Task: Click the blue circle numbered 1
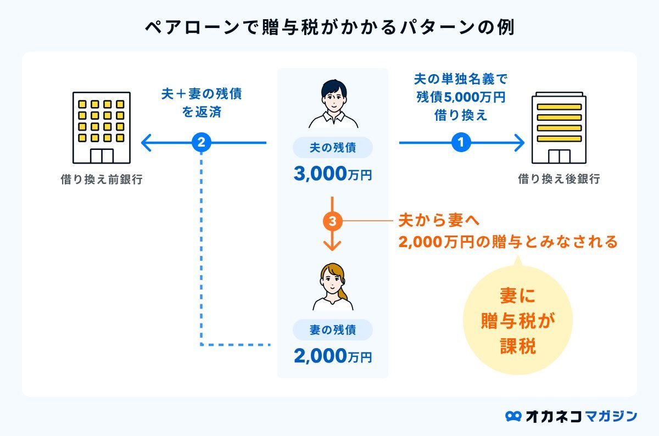[x=461, y=142]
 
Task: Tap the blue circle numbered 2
[x=201, y=142]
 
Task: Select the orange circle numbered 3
[x=332, y=221]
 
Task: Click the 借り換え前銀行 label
[x=102, y=179]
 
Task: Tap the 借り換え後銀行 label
[x=559, y=179]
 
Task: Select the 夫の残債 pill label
[x=333, y=147]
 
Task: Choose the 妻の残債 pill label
[x=333, y=330]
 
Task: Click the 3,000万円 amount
[x=333, y=174]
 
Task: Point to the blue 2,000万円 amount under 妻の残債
[x=333, y=356]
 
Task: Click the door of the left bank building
[x=102, y=156]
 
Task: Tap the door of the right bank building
[x=559, y=156]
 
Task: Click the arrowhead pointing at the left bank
[x=146, y=143]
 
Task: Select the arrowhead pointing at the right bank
[x=520, y=143]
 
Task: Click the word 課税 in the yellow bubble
[x=518, y=346]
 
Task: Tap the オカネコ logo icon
[x=513, y=416]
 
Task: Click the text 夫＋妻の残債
[x=202, y=94]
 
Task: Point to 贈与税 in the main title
[x=290, y=27]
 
